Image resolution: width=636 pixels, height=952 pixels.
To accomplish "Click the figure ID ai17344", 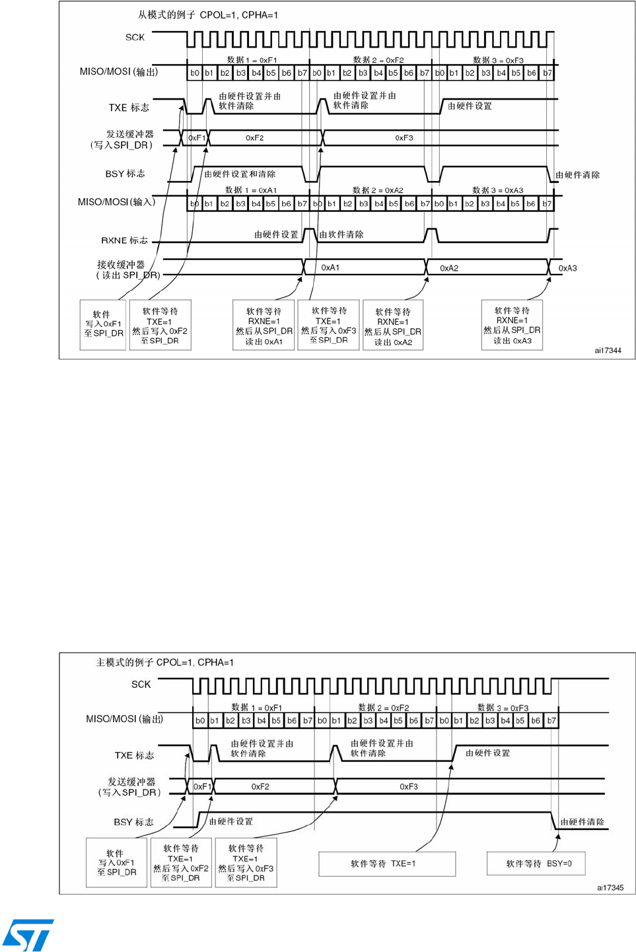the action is point(608,351).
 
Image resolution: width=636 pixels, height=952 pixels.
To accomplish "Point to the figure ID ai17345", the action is point(610,888).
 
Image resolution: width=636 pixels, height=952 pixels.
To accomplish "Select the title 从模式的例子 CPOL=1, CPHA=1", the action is point(208,15).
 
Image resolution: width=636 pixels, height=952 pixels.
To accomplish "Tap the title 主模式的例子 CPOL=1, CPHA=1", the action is point(165,662).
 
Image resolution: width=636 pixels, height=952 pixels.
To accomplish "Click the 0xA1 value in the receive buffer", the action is point(330,267).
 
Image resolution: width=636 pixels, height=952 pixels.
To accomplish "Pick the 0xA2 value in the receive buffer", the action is point(449,268).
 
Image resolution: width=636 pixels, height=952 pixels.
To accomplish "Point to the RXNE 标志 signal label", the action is point(124,240).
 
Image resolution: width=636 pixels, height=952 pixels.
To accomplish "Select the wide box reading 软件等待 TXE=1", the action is point(387,864).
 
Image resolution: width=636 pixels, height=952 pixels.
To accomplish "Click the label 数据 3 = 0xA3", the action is point(497,190).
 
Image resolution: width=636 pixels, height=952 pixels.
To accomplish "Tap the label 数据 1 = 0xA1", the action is point(251,190).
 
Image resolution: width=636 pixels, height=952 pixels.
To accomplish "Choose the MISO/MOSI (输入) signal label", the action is point(117,202).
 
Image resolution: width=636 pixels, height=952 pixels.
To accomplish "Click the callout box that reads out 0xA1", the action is point(264,325).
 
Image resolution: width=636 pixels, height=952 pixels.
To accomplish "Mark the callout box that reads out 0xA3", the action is point(512,325).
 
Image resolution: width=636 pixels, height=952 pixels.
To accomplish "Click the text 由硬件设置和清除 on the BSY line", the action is point(240,174).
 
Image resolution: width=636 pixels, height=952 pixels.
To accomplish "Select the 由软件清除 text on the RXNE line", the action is point(341,234).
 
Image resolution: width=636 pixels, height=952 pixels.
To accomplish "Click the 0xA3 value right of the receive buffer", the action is point(567,268).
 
